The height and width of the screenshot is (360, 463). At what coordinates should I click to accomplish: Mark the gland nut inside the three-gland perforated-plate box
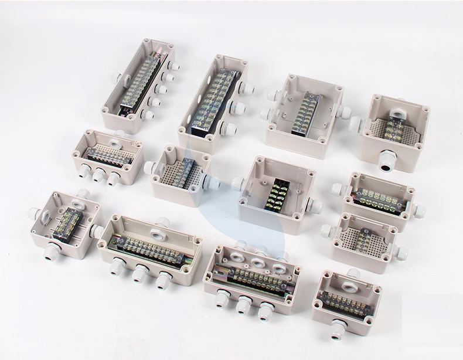[x=120, y=136]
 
